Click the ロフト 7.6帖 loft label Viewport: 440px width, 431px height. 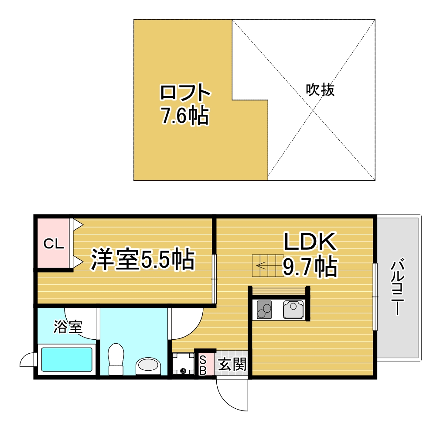click(x=185, y=104)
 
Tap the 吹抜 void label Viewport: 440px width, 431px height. click(x=320, y=90)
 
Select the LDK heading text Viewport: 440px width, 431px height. click(x=310, y=241)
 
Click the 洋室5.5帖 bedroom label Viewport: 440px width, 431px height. click(x=143, y=259)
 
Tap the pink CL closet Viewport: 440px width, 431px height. click(x=54, y=243)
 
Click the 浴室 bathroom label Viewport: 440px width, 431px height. click(x=68, y=327)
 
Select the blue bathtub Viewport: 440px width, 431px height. click(x=67, y=360)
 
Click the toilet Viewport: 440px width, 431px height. click(x=116, y=359)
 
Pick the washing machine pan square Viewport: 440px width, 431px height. click(x=183, y=364)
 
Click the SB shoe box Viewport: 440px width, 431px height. click(x=203, y=365)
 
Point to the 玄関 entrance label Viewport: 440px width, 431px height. click(x=232, y=364)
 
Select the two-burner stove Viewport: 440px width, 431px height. click(x=264, y=310)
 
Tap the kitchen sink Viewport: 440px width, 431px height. click(x=293, y=309)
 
